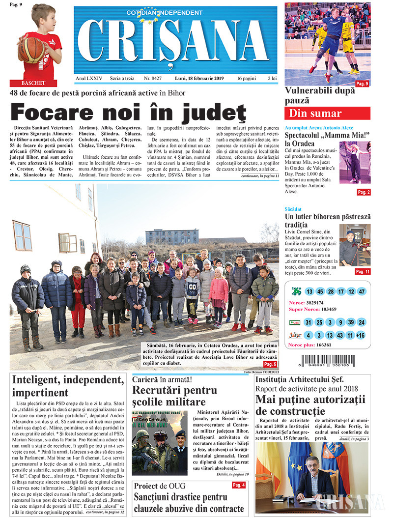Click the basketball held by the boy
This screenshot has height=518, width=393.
(x=31, y=49)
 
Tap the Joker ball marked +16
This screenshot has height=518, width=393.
(x=361, y=335)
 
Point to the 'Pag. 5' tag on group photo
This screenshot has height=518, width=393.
(x=270, y=364)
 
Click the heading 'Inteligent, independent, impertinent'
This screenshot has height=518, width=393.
(x=68, y=386)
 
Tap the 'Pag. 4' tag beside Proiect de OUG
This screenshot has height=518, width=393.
(x=239, y=485)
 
